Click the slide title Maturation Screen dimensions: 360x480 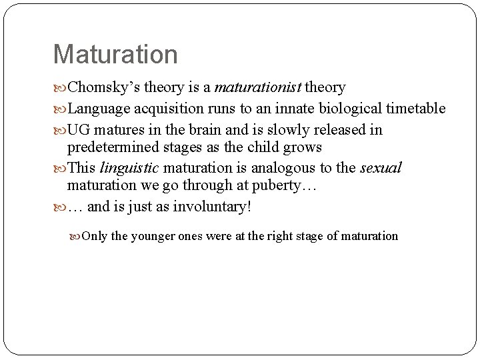coord(115,55)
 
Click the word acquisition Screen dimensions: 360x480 coord(167,109)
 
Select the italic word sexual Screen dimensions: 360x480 coord(381,168)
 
